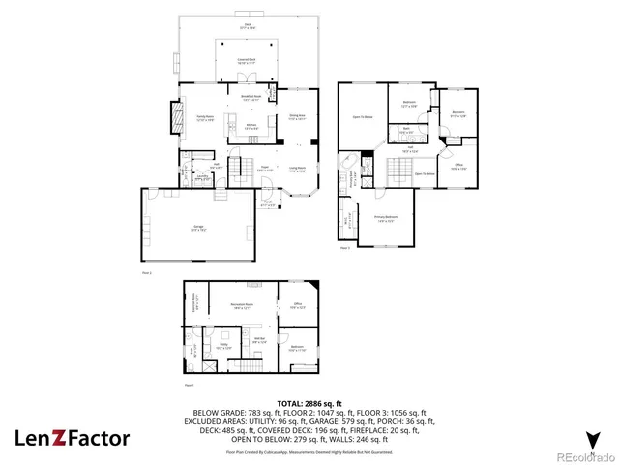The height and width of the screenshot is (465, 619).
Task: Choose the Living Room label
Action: [x=297, y=170]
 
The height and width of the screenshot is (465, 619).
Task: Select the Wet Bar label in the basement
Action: [x=260, y=340]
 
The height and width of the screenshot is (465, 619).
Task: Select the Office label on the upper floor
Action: [x=459, y=166]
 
